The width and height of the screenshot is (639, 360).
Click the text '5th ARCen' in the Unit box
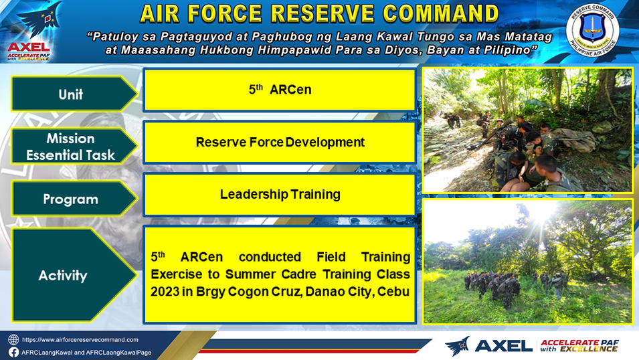pos(280,89)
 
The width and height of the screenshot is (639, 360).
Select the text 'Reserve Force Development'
pos(280,143)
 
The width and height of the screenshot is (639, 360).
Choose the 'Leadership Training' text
pos(280,195)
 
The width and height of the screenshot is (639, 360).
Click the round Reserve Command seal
pos(593,31)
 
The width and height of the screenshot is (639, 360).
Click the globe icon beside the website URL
pos(13,340)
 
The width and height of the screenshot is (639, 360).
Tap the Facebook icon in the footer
pos(13,352)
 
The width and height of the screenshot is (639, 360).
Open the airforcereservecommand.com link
pos(80,340)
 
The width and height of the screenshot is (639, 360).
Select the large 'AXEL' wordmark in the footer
pos(504,346)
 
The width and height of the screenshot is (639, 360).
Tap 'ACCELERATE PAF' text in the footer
pos(579,343)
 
